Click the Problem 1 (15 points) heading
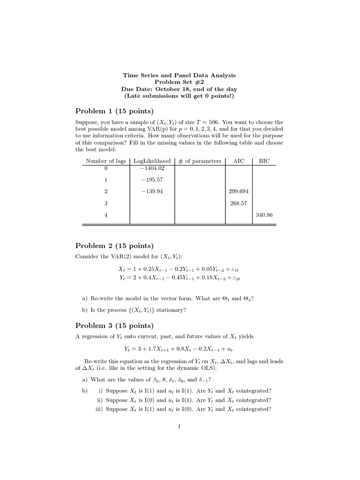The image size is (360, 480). coord(114,111)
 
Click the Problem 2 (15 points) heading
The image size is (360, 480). coord(114,246)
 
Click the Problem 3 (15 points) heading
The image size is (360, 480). coord(114,326)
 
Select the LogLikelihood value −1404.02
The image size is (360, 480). coord(152,168)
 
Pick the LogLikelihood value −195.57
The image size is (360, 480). coord(152,180)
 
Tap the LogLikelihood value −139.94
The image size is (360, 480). coord(152,191)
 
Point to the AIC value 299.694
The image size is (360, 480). coord(239,191)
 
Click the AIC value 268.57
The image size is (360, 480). coord(239,203)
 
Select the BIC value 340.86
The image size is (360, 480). coord(264,215)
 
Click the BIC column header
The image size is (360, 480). coord(264,161)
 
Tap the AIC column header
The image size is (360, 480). coord(239,161)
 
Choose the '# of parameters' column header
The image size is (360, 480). coord(200,161)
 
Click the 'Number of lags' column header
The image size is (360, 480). coord(105,161)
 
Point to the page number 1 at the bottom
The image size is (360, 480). coord(179,427)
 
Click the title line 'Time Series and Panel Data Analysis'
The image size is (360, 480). coord(179,75)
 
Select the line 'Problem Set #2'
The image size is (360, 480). coord(179,82)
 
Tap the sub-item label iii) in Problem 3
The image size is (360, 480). coord(99,408)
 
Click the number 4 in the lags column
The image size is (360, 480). coord(106,215)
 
